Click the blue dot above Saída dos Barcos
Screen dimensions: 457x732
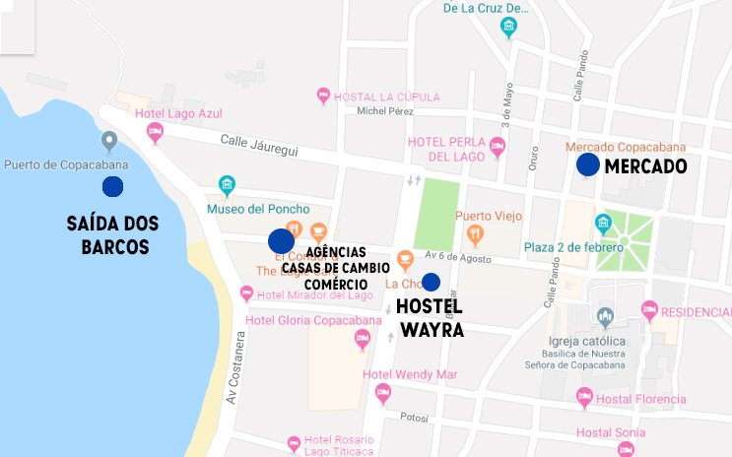click(112, 186)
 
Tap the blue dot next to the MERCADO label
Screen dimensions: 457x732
click(587, 165)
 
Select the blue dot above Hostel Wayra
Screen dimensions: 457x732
click(431, 282)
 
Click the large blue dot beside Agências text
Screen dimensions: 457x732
click(281, 240)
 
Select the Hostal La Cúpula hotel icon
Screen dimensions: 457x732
click(323, 96)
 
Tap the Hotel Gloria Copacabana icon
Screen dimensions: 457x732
click(362, 340)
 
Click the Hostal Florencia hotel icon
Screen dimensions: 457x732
click(584, 398)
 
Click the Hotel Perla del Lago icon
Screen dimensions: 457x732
click(498, 147)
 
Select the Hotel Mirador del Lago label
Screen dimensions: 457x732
click(314, 294)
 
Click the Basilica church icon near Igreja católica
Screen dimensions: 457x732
click(605, 317)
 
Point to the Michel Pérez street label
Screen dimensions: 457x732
click(385, 111)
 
